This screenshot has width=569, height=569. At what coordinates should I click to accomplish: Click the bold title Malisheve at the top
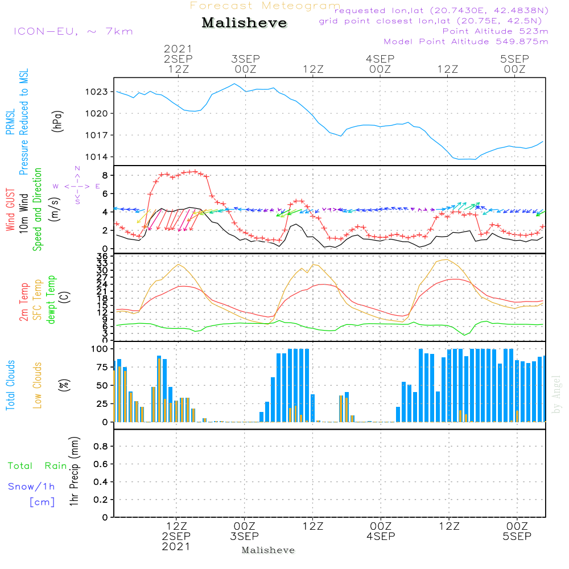(x=244, y=23)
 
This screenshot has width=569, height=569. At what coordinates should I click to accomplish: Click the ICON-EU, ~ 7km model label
(x=73, y=31)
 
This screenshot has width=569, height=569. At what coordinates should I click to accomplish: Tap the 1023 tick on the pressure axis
(x=97, y=92)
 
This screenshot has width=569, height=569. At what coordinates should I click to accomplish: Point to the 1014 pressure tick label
(x=97, y=157)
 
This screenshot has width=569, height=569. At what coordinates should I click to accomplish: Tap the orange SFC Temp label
(x=38, y=300)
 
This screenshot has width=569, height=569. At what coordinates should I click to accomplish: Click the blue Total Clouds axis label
(x=11, y=385)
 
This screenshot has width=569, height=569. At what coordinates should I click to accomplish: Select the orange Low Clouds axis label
(x=38, y=385)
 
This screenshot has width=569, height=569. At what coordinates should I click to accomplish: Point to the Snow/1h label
(x=32, y=486)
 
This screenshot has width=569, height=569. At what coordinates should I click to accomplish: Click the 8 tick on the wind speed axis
(x=106, y=175)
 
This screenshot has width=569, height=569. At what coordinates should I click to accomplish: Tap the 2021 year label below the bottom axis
(x=176, y=546)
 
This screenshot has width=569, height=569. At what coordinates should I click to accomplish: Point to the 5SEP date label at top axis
(x=514, y=59)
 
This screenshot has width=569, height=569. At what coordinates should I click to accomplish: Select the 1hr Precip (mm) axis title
(x=73, y=472)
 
